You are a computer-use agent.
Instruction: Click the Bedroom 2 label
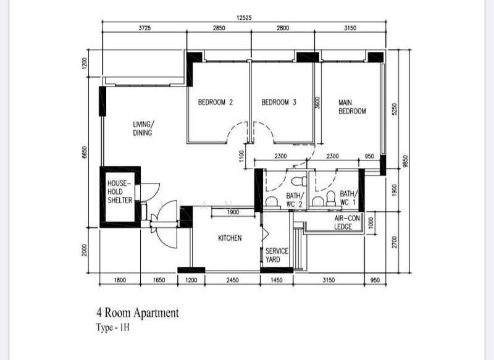point(216,102)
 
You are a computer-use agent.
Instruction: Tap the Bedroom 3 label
point(279,102)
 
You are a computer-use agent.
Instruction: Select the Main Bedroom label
point(352,107)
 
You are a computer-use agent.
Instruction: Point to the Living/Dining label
point(143,128)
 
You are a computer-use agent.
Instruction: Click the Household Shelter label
point(120,192)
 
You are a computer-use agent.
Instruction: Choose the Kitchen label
point(230,238)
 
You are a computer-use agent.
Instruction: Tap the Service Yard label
point(277,255)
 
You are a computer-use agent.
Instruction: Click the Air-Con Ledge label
point(347,222)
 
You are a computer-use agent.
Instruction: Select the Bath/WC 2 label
point(295,200)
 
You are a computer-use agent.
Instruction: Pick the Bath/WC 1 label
point(348,198)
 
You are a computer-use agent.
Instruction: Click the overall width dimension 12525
point(244,18)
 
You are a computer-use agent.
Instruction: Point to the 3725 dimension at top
point(144,28)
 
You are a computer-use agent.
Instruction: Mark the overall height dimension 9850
point(406,161)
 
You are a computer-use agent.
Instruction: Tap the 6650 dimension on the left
point(84,152)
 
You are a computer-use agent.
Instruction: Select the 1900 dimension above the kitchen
point(233,212)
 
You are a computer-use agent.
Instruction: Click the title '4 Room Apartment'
point(138,312)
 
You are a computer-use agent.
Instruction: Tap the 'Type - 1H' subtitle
point(113,327)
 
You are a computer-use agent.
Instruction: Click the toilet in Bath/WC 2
point(299,181)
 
